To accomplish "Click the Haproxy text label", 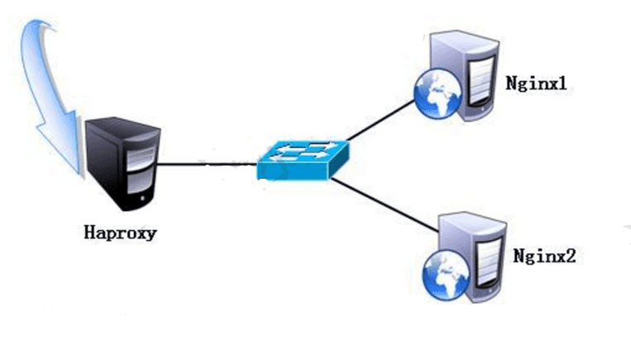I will [x=120, y=233].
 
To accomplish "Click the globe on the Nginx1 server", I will [x=434, y=94].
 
